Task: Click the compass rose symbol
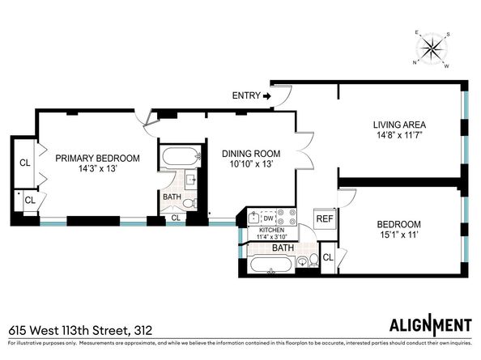tap(434, 49)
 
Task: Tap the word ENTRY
tap(245, 95)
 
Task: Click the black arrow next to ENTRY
tap(266, 95)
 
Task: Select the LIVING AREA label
tap(398, 125)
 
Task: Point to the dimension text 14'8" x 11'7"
tap(398, 137)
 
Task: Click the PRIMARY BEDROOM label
tap(97, 159)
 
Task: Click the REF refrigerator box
tap(324, 219)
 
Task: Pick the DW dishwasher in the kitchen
tap(267, 217)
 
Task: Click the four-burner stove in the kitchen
tap(286, 217)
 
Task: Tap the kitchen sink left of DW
tap(253, 217)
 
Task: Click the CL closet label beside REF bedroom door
tap(328, 257)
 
